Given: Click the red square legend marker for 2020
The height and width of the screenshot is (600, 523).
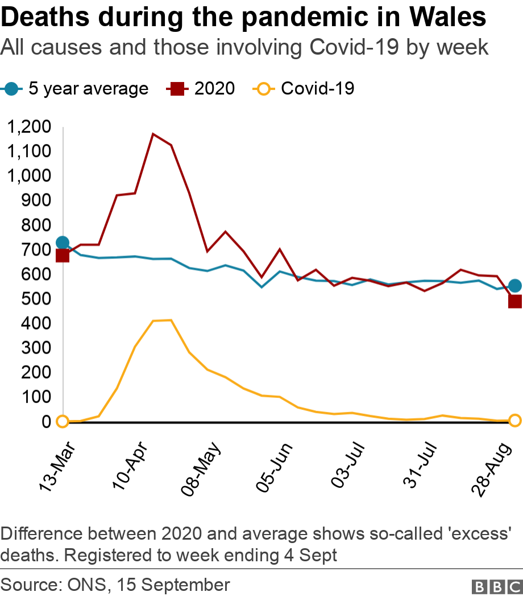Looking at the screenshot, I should tap(175, 89).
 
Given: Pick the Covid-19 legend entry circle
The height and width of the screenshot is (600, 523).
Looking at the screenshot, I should tap(263, 89).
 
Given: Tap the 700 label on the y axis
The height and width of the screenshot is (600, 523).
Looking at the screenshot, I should tap(36, 249).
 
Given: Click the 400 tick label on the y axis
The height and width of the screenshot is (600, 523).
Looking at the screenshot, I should tap(36, 323).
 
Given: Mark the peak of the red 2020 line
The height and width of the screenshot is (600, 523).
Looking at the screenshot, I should tap(152, 134).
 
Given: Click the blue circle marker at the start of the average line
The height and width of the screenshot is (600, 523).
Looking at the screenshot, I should tap(63, 243).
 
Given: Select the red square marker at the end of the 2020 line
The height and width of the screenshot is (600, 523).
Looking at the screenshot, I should tap(515, 301).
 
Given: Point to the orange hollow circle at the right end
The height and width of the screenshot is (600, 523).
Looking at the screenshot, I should tap(515, 421).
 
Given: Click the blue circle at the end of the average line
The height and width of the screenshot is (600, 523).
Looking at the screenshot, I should tap(515, 286).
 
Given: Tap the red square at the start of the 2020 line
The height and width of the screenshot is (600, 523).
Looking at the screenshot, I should tap(63, 256).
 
